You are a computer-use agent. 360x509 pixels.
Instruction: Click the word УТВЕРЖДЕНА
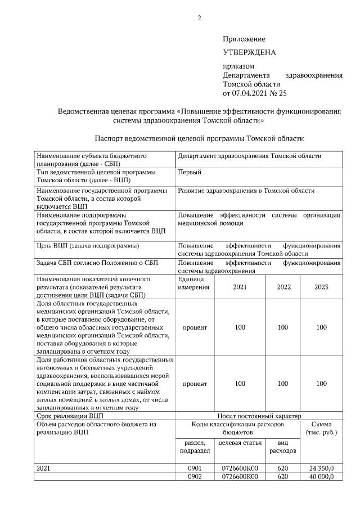[x=249, y=52]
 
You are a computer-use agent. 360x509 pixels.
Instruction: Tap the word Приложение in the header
[x=244, y=39]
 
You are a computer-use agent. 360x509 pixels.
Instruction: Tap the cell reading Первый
[x=190, y=172]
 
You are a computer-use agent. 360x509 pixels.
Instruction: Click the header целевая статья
[x=240, y=443]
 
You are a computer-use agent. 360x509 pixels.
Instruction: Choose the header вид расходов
[x=283, y=447]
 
